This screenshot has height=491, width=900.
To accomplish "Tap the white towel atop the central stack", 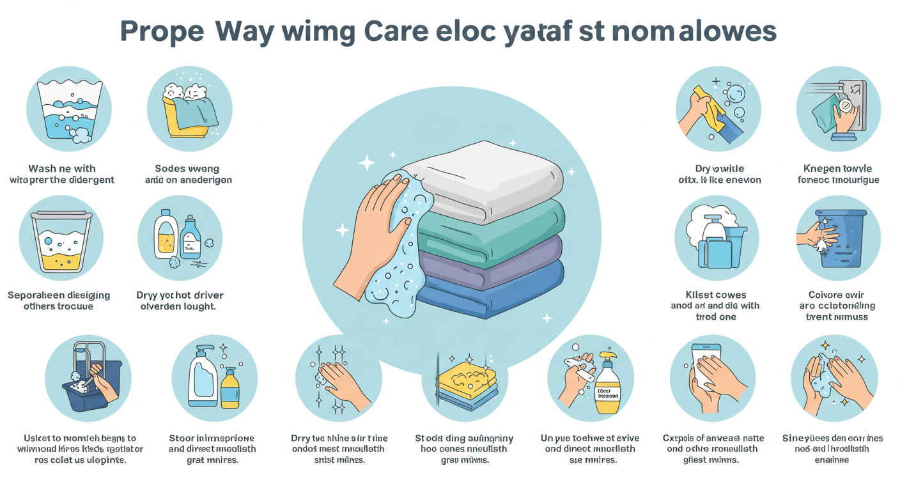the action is [486, 176].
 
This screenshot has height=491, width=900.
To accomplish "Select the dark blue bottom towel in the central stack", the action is [492, 291].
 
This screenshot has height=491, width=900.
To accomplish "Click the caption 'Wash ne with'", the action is [62, 169].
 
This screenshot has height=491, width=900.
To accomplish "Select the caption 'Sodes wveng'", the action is [188, 169].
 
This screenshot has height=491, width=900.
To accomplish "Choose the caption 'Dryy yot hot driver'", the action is [180, 295].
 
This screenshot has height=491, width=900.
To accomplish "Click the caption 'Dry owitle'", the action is [720, 169].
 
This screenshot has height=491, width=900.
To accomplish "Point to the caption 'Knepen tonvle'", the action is [837, 169].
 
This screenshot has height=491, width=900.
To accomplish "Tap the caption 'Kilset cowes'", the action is [715, 295].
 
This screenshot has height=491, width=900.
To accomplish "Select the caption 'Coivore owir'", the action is [837, 295].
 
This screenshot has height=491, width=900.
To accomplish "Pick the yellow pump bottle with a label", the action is [607, 387].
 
